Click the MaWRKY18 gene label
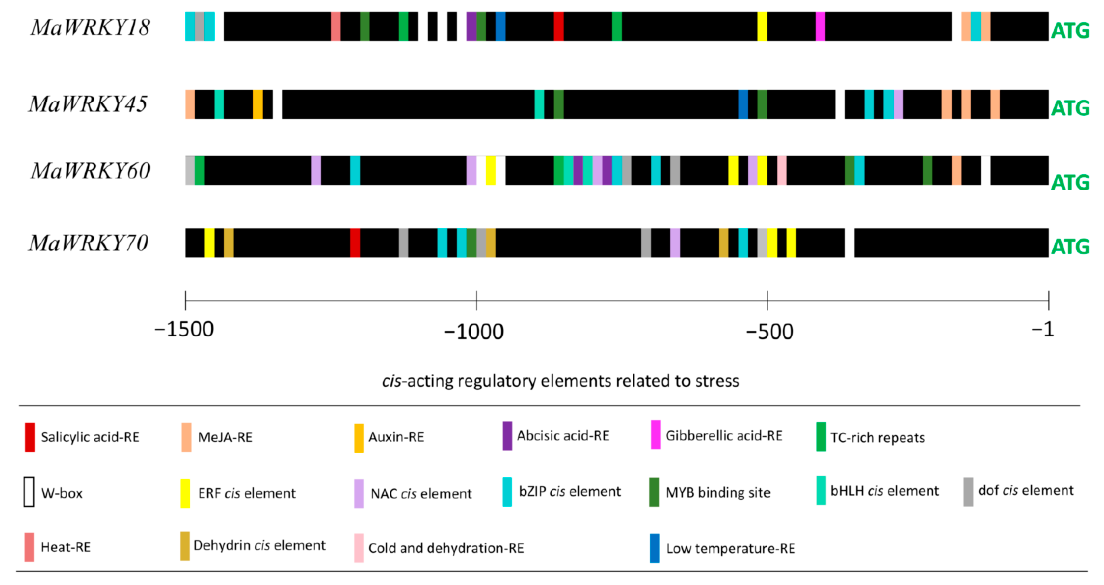coord(90,27)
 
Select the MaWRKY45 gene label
coord(88,104)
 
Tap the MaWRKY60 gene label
coord(90,171)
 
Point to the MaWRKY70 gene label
coord(88,243)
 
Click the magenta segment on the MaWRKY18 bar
coord(820,27)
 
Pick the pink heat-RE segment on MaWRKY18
coord(336,27)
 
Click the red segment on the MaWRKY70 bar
coord(355,243)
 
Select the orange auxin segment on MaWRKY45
coord(258,104)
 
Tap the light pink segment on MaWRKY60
coord(782,171)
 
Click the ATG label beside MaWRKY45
coord(1070,108)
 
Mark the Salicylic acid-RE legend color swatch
coord(30,437)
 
